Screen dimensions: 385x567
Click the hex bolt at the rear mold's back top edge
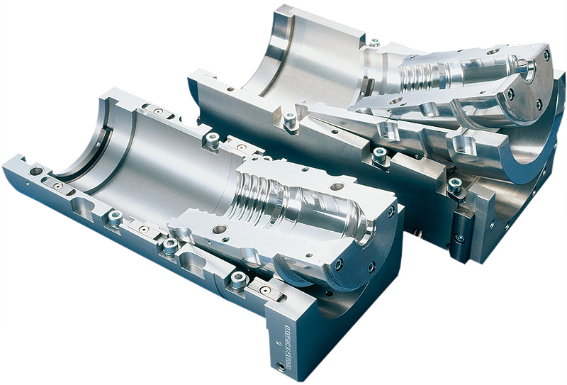tap(374, 42)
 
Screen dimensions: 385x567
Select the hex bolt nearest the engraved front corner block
tap(239, 280)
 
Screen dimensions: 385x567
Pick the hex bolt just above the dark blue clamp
tap(454, 186)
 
